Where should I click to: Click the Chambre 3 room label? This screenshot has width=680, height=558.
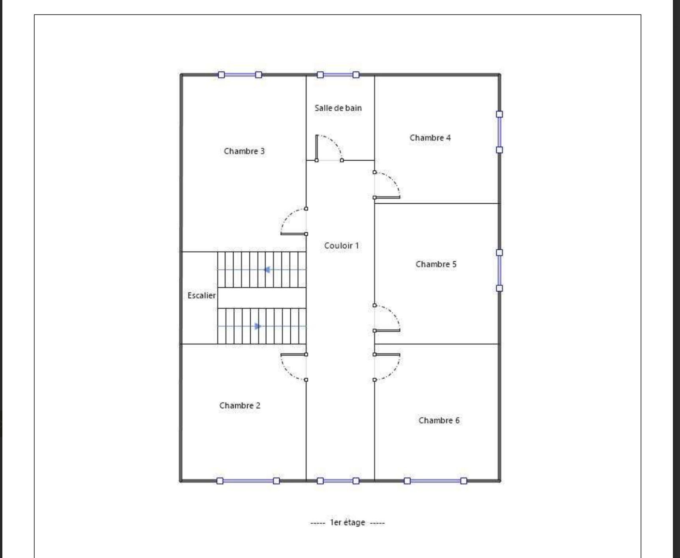244,151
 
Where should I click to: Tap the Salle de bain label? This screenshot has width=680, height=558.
338,108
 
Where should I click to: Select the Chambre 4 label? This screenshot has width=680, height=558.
430,138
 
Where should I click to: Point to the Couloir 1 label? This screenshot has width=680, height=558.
342,245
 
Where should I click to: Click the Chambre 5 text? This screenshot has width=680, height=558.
436,264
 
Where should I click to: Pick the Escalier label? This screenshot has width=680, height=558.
202,296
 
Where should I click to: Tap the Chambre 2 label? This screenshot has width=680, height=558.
240,405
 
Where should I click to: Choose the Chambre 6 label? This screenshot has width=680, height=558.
439,420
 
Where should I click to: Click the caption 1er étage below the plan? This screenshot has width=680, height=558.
347,522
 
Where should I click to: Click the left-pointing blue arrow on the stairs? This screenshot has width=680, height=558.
267,270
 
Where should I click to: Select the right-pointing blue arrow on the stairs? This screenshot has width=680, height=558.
258,326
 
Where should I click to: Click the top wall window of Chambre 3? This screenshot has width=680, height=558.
240,75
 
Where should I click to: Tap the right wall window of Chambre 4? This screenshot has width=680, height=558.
499,132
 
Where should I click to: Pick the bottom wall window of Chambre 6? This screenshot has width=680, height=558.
435,481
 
